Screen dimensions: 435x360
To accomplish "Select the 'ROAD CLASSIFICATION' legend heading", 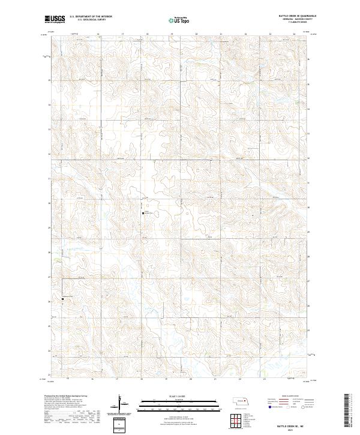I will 292,397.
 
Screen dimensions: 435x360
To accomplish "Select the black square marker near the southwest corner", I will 62,298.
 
